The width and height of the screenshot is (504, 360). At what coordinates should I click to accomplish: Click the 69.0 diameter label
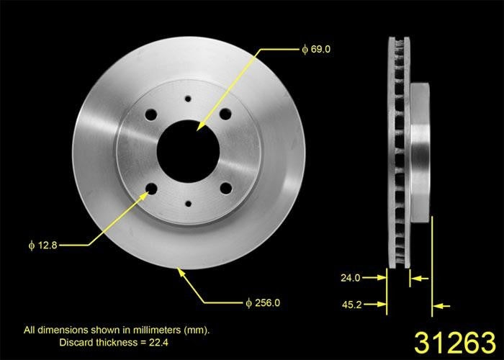[319, 50]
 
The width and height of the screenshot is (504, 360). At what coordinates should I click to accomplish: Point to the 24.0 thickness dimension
[351, 276]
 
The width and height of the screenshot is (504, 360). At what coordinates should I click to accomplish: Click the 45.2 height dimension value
[351, 305]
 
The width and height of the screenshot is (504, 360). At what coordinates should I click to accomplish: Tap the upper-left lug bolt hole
[151, 114]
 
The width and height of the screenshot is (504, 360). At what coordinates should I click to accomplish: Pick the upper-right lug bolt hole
[225, 114]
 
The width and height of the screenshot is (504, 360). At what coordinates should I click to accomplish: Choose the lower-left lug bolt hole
[151, 189]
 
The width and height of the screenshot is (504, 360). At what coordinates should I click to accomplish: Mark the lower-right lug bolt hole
[225, 188]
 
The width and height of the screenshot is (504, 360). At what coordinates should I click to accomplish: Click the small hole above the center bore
[188, 99]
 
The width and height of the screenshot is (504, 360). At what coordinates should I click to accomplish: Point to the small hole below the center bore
[188, 204]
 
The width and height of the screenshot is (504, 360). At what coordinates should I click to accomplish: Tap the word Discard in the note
[77, 341]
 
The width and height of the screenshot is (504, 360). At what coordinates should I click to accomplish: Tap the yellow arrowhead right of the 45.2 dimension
[442, 306]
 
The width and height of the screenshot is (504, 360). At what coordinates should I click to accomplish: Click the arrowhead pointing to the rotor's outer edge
[181, 272]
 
